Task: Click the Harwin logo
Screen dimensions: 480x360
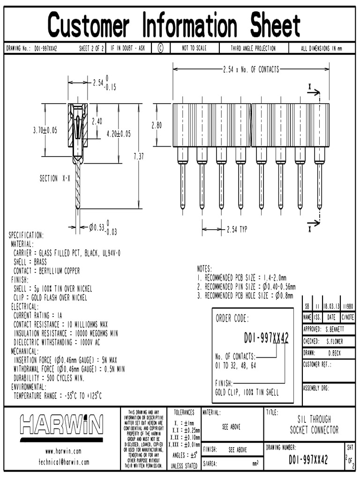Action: coord(61,425)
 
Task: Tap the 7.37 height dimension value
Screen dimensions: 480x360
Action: coord(139,157)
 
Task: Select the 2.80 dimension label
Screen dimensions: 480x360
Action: coord(157,126)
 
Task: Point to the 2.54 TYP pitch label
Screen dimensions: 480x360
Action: coord(237,230)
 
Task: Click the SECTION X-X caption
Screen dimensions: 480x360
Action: coord(55,179)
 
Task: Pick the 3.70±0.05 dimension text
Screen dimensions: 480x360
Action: coord(45,131)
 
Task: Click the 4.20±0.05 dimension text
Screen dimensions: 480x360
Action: coord(119,134)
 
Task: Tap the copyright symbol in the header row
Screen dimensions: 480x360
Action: coord(160,48)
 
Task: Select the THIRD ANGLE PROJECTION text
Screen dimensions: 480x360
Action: coord(253,48)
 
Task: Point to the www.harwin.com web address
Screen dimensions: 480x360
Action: coord(63,451)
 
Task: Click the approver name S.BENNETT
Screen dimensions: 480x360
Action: coord(335,329)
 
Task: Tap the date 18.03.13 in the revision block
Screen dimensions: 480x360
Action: coord(331,305)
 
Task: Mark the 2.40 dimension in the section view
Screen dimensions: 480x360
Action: coord(97,121)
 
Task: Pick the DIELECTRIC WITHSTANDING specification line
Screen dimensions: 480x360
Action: coord(57,342)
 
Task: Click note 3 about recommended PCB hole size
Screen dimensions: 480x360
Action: coord(245,295)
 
